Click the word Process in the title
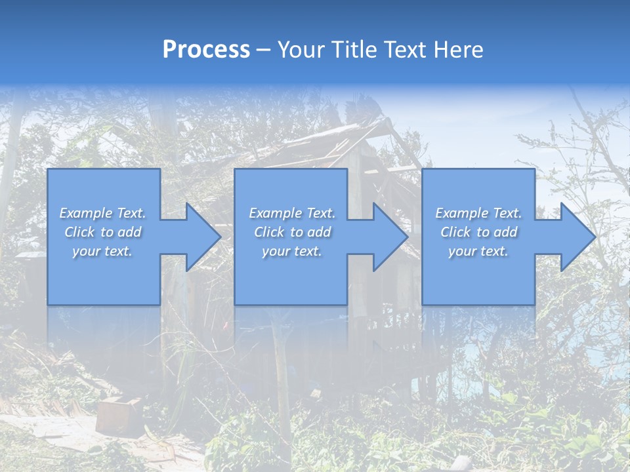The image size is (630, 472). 206,50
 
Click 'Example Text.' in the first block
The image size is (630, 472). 102,213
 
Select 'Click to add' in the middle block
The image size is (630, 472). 292,232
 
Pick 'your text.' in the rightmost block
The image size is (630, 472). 478,251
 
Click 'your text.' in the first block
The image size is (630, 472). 102,251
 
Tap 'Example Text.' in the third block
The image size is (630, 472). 478,213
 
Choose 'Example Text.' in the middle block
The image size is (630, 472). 292,213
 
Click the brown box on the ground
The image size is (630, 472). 115,413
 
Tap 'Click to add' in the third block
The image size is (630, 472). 478,232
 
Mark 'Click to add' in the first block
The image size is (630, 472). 102,232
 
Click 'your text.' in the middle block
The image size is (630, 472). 292,251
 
